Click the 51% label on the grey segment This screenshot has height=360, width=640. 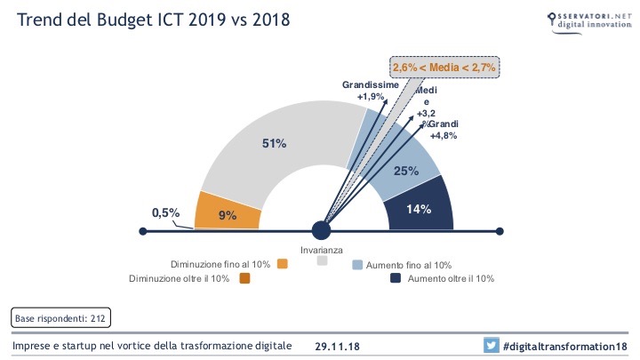pos(273,145)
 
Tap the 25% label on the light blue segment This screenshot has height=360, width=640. pos(406,171)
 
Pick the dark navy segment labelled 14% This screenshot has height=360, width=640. pos(420,210)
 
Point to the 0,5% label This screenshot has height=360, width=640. pos(166,212)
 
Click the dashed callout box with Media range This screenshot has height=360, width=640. pos(444,68)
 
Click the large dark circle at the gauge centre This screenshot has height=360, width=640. pos(321,231)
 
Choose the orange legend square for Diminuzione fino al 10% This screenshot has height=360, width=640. pos(283,264)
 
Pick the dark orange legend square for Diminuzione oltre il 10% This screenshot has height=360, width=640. pos(244,278)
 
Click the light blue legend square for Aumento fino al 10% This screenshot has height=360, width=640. pos(357,264)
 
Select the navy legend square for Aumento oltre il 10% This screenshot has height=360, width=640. pos(396,278)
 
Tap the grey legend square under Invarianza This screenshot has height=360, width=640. pos(322,261)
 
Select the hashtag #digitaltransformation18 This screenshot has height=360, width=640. pos(564,346)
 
